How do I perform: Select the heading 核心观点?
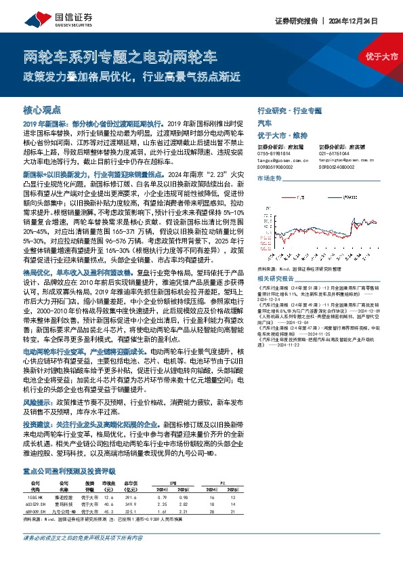click(x=42, y=109)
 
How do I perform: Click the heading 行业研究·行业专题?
click(x=290, y=109)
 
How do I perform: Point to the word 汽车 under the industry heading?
click(x=265, y=124)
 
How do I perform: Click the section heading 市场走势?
click(x=269, y=177)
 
